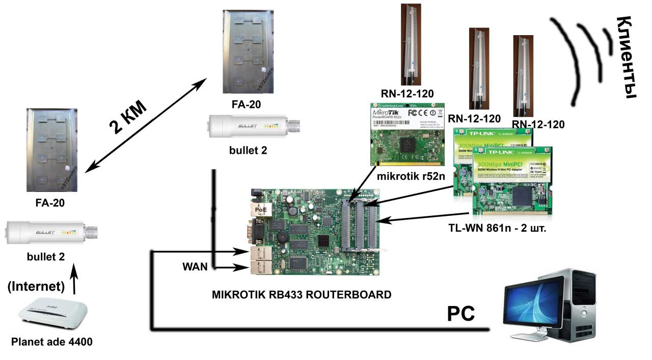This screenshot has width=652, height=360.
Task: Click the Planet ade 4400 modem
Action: point(52,316)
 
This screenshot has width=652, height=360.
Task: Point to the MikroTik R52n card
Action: point(406,134)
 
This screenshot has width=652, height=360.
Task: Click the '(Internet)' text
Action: point(36,287)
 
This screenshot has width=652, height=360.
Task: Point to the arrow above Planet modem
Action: point(75,281)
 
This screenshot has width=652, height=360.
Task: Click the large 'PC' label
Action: point(461,313)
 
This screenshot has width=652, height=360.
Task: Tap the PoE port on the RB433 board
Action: point(261,209)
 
